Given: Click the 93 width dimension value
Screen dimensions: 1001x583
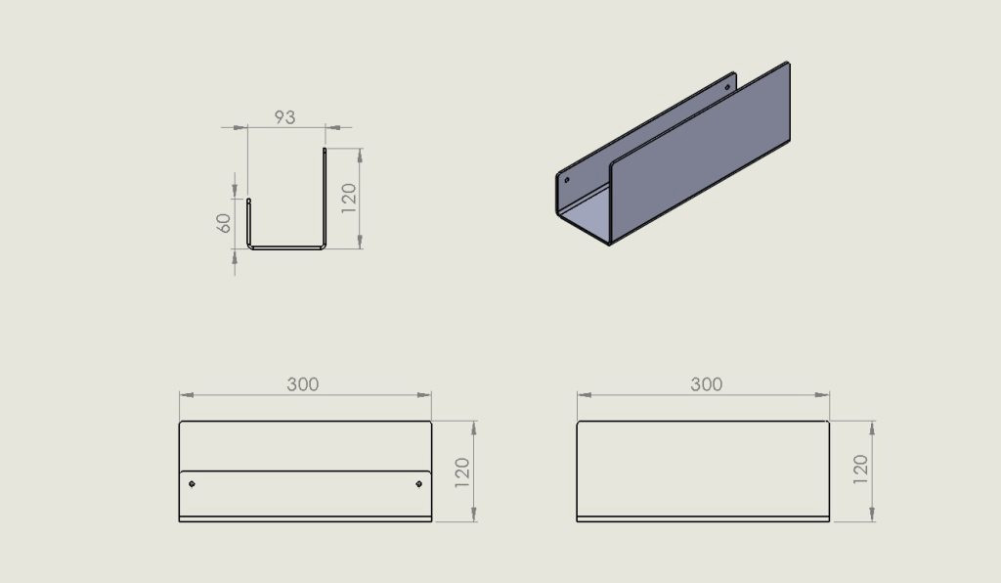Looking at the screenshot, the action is tap(284, 117).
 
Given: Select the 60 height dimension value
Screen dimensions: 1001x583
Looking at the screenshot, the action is tap(224, 223).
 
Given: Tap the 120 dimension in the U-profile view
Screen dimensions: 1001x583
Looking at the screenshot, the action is tap(349, 198).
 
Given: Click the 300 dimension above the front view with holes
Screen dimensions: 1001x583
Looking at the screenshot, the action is tap(303, 384).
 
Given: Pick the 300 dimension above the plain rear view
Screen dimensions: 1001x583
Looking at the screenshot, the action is tap(706, 384).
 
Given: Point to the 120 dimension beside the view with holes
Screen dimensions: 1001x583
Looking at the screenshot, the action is tap(462, 472).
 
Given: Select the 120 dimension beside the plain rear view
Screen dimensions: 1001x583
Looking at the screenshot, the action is tap(860, 470).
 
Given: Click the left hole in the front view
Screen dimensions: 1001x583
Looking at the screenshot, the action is tap(193, 484).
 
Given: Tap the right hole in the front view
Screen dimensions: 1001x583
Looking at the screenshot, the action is tap(418, 484).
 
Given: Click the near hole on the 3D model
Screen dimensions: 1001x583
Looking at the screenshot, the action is tap(567, 180).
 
